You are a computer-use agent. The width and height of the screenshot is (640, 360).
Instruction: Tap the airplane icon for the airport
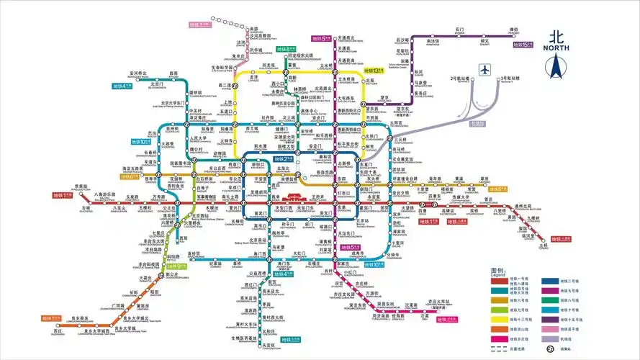484,70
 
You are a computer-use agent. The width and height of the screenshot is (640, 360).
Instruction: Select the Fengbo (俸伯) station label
492,31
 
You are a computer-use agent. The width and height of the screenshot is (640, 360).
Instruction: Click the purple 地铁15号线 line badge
522,45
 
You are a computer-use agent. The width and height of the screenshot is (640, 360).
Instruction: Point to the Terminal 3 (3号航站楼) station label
510,77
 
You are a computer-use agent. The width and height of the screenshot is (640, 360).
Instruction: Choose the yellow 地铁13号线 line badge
373,71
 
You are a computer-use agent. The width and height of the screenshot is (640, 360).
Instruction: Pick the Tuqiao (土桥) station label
543,246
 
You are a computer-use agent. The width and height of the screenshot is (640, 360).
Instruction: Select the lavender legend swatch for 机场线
547,337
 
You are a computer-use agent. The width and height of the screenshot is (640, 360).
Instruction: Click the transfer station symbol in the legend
549,348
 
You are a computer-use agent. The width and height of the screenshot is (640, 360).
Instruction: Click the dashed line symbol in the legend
498,348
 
